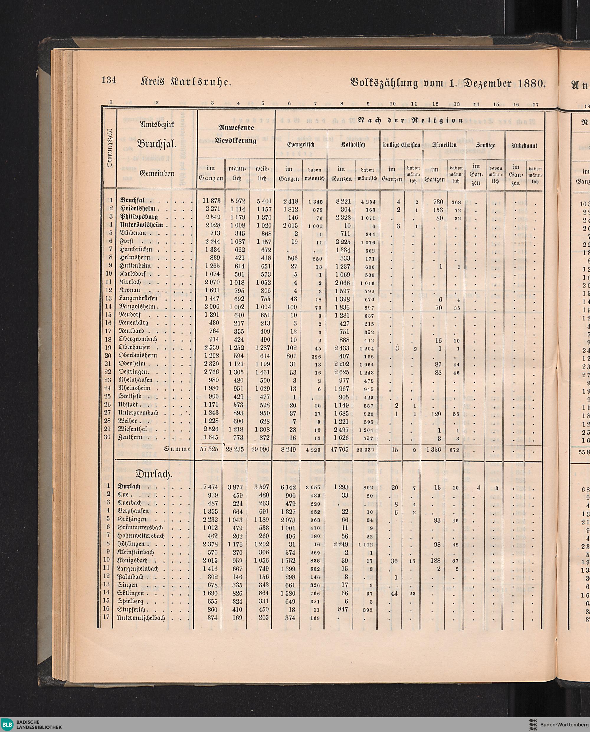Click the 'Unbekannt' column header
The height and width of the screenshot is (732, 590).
[x=525, y=145]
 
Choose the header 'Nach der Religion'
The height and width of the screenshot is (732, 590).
[x=410, y=120]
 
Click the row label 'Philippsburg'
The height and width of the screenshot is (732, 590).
[x=139, y=217]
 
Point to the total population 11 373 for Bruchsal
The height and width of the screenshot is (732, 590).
[x=212, y=201]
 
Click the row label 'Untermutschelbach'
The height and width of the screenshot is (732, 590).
[x=141, y=618]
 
